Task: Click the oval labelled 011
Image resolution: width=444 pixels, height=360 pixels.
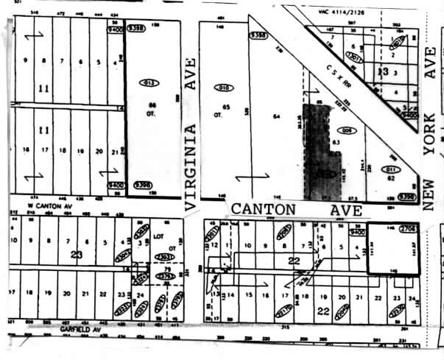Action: pos(393,169)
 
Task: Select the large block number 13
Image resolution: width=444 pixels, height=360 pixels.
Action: pos(382,71)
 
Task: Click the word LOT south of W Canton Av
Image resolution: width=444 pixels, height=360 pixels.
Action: pos(156,238)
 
